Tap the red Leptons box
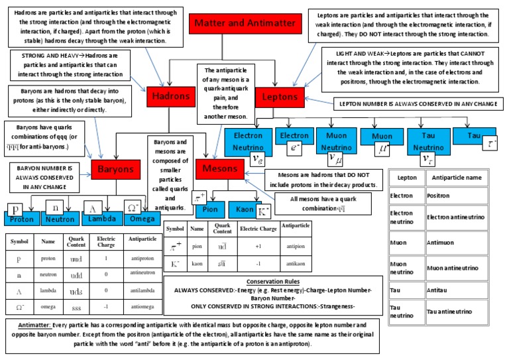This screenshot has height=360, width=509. (279, 97)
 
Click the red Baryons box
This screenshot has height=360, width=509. (116, 170)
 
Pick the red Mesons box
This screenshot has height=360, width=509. (219, 168)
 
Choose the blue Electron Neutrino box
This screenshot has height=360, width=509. (248, 139)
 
